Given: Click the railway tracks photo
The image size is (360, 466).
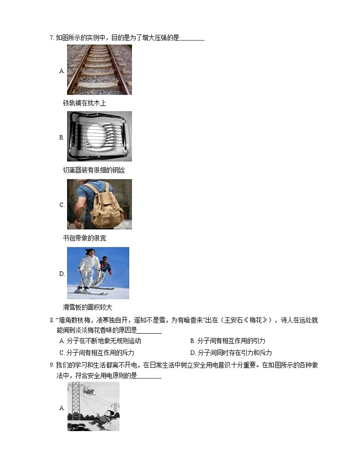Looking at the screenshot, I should click(99, 69).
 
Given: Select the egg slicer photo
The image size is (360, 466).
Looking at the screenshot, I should click(99, 136).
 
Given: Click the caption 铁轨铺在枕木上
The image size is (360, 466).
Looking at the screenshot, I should click(84, 103).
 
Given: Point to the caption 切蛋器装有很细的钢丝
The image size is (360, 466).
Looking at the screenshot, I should click(94, 170).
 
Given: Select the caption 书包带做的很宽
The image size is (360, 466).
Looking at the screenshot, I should click(84, 238).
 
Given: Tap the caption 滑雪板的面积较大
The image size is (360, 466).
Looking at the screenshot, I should click(88, 307).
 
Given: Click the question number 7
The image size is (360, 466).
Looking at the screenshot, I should click(52, 38).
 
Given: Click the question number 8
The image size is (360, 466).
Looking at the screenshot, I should click(52, 321).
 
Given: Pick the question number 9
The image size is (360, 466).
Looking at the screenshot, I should click(52, 365).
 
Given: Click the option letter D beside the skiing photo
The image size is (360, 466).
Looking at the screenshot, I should click(62, 274).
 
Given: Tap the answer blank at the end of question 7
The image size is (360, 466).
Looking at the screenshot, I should click(192, 39).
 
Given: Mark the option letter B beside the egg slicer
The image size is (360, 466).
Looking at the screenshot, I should click(62, 137).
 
